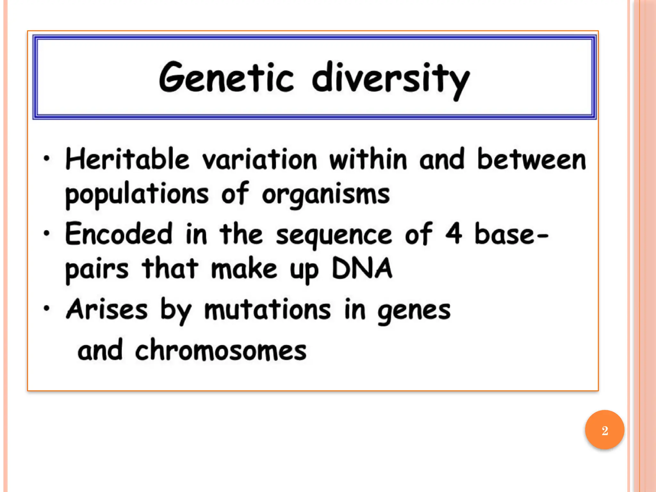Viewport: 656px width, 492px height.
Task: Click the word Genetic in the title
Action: point(226,78)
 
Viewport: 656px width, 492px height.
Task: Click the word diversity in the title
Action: point(391,79)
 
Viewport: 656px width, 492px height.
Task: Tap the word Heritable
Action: point(127,159)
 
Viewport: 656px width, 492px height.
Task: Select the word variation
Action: point(259,159)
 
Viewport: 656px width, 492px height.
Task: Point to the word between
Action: point(531,159)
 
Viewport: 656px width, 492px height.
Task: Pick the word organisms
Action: point(326,194)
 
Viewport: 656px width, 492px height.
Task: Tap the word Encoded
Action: point(119,234)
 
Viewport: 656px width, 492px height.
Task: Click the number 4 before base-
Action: point(454,234)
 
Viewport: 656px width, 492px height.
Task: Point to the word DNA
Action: point(362,268)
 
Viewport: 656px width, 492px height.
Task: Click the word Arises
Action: point(107,309)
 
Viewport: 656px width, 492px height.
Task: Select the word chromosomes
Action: point(221,350)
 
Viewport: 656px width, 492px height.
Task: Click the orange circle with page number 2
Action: point(604,430)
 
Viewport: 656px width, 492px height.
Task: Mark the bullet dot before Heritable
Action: point(47,158)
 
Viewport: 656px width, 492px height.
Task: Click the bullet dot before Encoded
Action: point(47,233)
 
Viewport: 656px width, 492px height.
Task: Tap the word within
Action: point(368,159)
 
